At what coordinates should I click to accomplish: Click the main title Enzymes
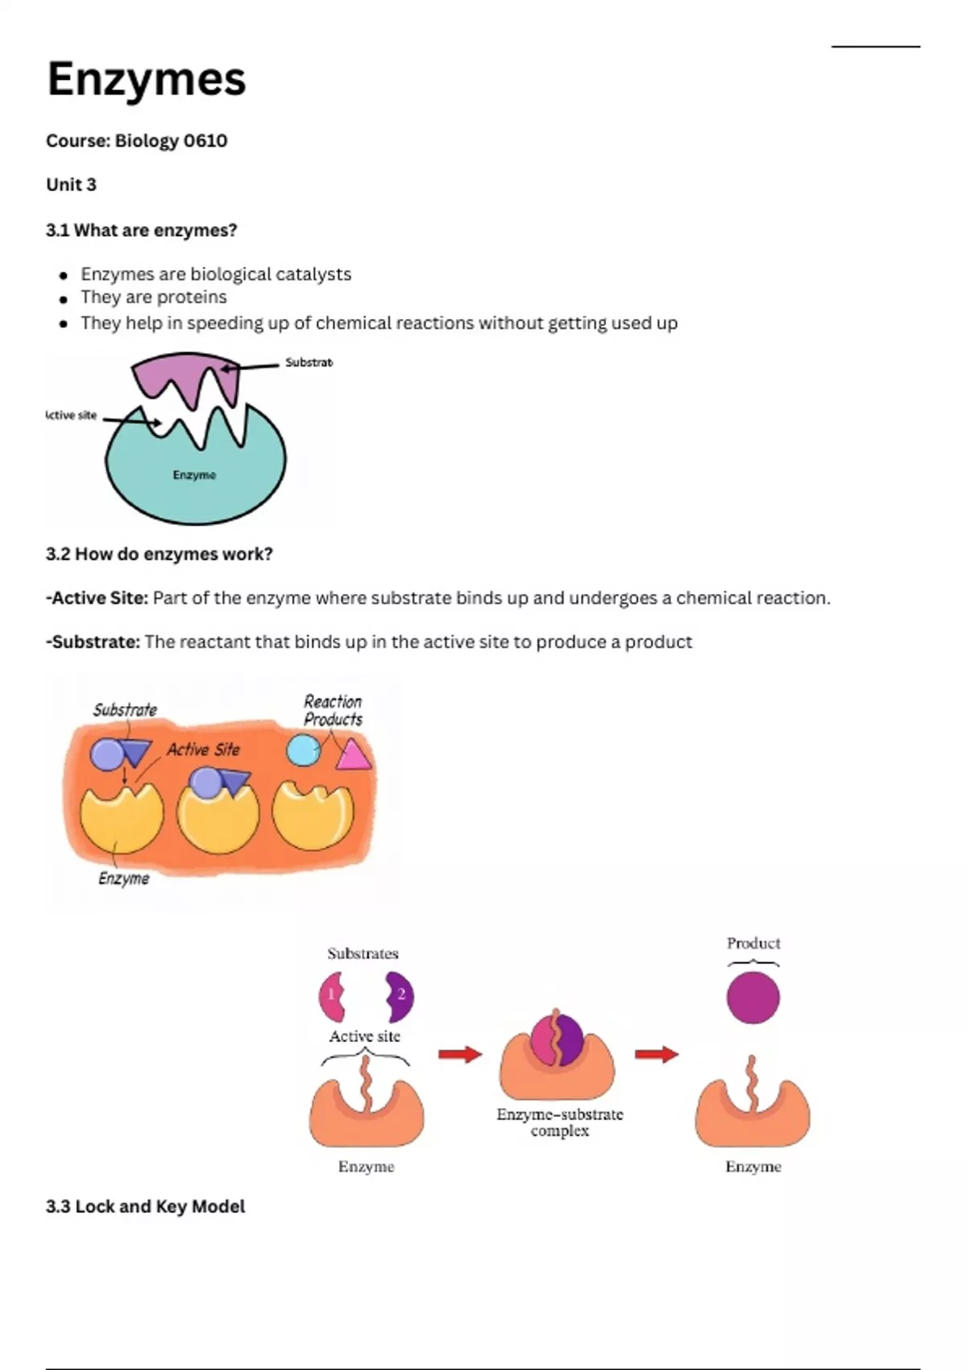[146, 80]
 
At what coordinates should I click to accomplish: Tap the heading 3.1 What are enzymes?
[141, 230]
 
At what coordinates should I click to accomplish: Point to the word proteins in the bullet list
[193, 298]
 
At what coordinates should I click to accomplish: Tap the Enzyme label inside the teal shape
[194, 475]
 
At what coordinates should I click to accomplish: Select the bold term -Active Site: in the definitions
[98, 597]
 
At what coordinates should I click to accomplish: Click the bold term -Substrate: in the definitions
[93, 641]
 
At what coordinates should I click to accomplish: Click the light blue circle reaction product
[303, 749]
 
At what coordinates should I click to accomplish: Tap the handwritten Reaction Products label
[334, 710]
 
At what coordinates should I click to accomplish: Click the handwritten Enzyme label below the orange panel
[124, 878]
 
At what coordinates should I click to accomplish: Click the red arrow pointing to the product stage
[656, 1054]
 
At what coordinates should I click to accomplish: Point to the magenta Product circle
[753, 998]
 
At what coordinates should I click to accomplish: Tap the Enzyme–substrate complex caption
[559, 1123]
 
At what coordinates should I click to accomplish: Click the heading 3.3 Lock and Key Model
[146, 1206]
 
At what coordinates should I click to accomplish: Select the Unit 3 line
[72, 185]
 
